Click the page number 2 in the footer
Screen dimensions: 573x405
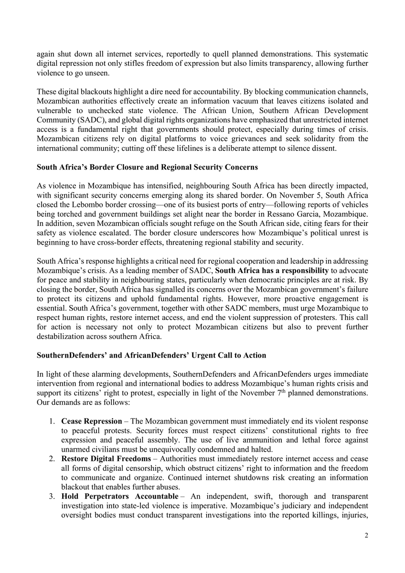click(x=366, y=535)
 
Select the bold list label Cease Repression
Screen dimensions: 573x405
click(x=92, y=422)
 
